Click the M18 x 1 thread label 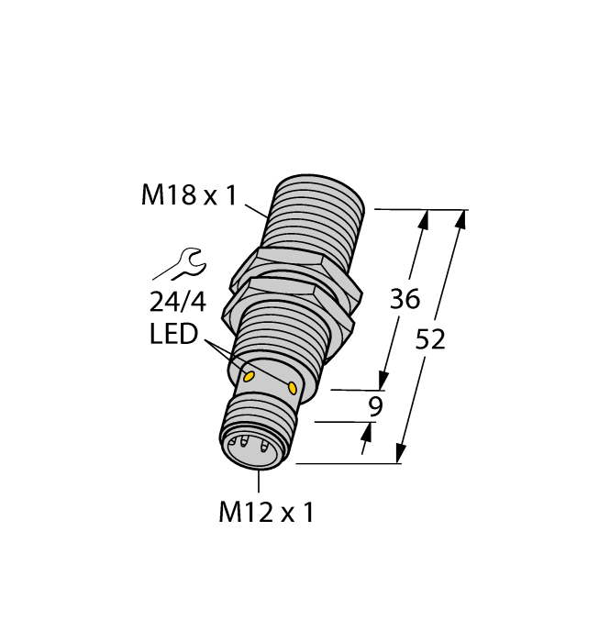pyautogui.click(x=188, y=195)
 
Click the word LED pyautogui.click(x=173, y=335)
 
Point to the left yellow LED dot pyautogui.click(x=249, y=375)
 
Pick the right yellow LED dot pyautogui.click(x=293, y=388)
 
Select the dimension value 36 pyautogui.click(x=405, y=299)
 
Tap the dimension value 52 pyautogui.click(x=430, y=339)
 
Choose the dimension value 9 pyautogui.click(x=374, y=407)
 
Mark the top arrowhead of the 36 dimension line pyautogui.click(x=424, y=219)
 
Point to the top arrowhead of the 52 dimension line pyautogui.click(x=461, y=219)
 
